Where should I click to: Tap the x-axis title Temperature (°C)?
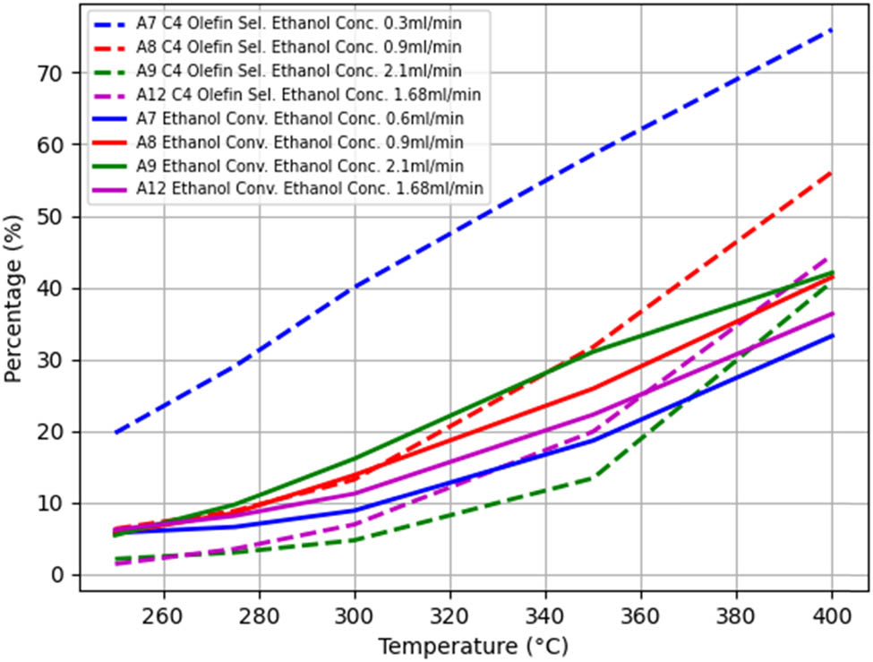tap(473, 646)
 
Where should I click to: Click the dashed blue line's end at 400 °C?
tap(832, 30)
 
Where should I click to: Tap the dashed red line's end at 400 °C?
tap(832, 172)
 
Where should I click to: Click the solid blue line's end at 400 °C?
tap(832, 336)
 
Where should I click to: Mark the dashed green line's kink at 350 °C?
tap(594, 477)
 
